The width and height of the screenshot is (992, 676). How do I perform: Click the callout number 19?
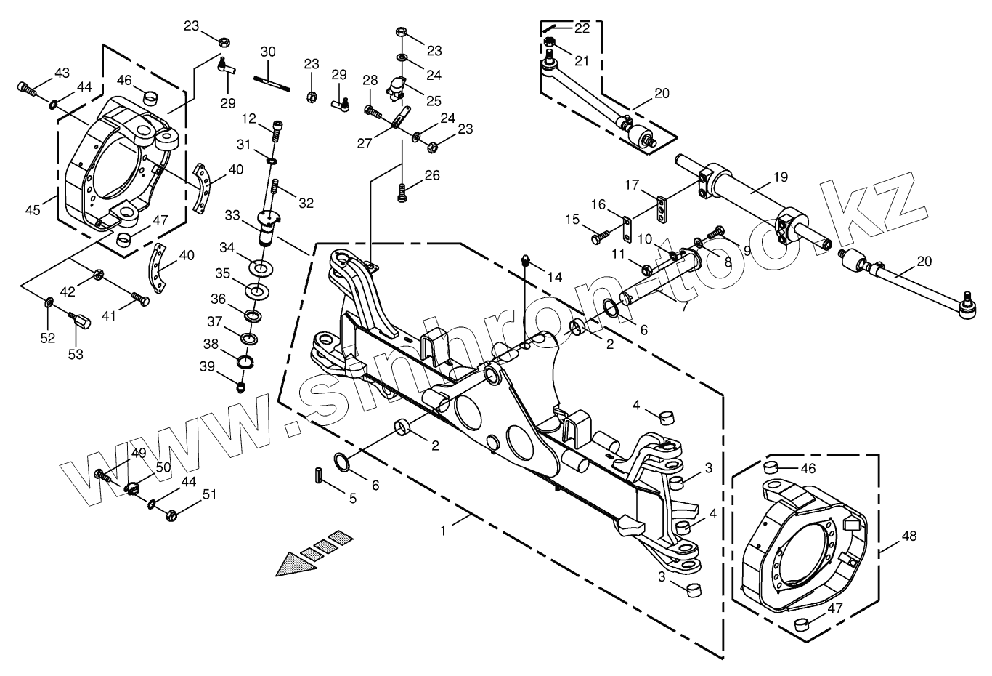click(x=781, y=177)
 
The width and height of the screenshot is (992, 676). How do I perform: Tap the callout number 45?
click(x=33, y=210)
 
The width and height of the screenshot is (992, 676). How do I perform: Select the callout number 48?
click(x=909, y=536)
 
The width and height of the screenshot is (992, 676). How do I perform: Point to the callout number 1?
click(x=444, y=532)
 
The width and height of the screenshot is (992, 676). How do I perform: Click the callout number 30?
click(x=268, y=52)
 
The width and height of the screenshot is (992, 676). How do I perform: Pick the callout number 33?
click(x=232, y=215)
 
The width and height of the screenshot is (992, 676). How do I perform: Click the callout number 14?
click(x=556, y=277)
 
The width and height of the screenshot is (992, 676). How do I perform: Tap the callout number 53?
click(x=76, y=354)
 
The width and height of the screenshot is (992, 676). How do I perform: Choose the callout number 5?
click(x=353, y=499)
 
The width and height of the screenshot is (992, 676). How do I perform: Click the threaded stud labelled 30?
click(x=272, y=81)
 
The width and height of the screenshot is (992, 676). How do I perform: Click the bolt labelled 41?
click(x=140, y=299)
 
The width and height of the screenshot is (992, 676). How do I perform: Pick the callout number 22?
click(x=582, y=28)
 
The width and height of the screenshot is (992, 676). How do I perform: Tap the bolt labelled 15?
click(x=600, y=236)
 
